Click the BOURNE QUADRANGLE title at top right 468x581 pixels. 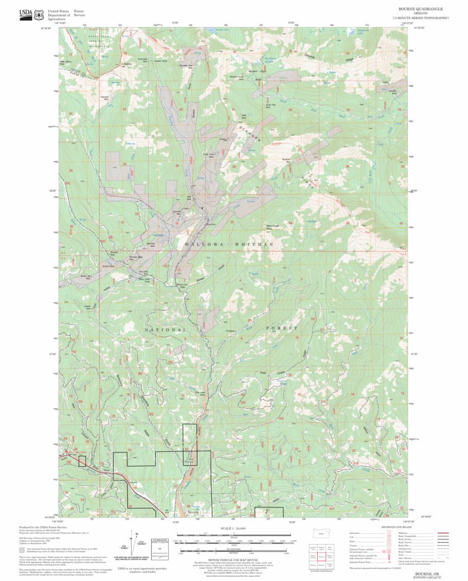[420, 9]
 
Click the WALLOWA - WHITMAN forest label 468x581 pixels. [229, 245]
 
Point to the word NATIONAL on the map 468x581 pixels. [166, 330]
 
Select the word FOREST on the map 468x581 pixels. [282, 329]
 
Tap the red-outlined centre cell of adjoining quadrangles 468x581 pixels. [321, 557]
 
